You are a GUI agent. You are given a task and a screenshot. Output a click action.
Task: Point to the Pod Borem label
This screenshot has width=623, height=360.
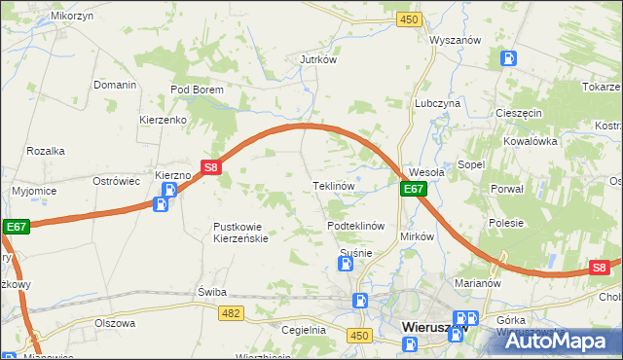(198, 90)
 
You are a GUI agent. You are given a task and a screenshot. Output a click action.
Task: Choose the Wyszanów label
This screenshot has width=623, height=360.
(457, 41)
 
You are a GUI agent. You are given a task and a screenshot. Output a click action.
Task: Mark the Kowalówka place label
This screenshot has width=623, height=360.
(530, 141)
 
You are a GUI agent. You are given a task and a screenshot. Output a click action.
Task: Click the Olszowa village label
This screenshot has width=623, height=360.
(114, 322)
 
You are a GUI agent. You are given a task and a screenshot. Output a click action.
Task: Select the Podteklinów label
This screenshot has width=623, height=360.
(357, 226)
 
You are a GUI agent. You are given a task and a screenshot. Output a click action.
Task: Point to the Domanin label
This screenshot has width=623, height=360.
(115, 85)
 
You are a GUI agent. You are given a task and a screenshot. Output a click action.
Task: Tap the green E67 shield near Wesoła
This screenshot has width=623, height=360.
(414, 190)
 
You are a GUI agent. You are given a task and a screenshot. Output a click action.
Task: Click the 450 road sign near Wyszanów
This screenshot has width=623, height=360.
(409, 19)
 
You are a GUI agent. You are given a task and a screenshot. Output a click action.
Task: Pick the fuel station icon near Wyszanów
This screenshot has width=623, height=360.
(508, 57)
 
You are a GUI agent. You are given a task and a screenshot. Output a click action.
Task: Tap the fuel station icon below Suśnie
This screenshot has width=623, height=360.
(360, 301)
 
